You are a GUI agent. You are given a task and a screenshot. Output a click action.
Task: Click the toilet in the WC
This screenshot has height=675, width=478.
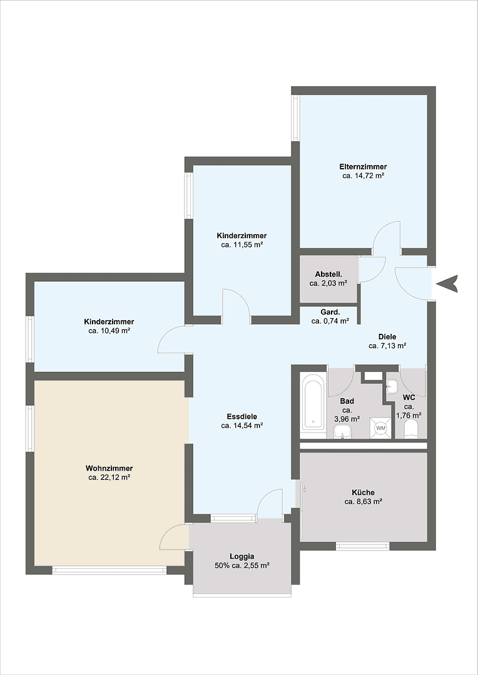point(411,429)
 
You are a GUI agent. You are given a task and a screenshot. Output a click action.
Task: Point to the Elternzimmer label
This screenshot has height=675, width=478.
point(363,167)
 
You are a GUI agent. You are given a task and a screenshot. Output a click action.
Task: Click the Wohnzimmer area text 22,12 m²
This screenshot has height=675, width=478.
point(109,477)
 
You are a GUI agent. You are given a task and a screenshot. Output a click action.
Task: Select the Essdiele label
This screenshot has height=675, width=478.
point(242,416)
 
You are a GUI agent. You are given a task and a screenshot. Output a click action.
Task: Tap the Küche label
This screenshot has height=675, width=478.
point(363,492)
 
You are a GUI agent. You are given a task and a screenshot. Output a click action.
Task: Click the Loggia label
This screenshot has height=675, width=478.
point(242,556)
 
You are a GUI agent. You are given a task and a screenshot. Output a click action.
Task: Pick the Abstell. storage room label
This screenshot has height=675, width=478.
point(328,274)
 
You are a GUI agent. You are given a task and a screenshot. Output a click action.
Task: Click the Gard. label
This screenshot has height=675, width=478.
point(330,312)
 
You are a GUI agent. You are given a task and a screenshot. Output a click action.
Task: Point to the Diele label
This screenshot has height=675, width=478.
point(387,336)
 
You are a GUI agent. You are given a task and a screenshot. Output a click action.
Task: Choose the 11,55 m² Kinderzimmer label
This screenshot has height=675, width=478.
point(242,236)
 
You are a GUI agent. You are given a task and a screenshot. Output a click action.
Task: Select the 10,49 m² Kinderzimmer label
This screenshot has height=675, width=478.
point(109,322)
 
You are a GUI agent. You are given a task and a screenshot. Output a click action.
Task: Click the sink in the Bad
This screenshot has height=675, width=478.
point(342,431)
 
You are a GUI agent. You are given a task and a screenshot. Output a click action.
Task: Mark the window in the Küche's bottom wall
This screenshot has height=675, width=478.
point(363,546)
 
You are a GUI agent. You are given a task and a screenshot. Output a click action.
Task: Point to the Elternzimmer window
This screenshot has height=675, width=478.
point(296,117)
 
